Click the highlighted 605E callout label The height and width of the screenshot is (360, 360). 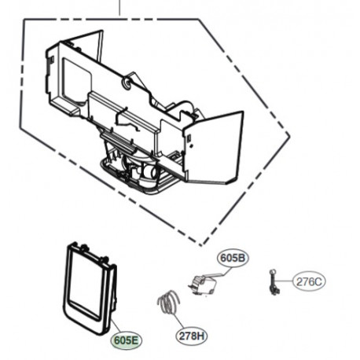[127, 340]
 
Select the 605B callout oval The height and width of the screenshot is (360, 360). [233, 258]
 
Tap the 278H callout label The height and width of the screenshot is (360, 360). [192, 336]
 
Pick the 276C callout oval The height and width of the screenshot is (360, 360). [309, 282]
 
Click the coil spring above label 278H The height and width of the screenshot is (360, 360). [168, 302]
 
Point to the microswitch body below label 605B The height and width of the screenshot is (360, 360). [203, 285]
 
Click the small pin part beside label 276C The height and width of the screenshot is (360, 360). [274, 282]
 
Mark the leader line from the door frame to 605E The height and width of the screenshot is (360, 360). [116, 325]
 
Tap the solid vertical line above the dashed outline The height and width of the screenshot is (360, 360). [119, 8]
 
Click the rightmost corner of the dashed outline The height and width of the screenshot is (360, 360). [290, 136]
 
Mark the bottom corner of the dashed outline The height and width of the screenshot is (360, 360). [201, 246]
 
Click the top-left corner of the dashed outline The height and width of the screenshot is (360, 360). [24, 19]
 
